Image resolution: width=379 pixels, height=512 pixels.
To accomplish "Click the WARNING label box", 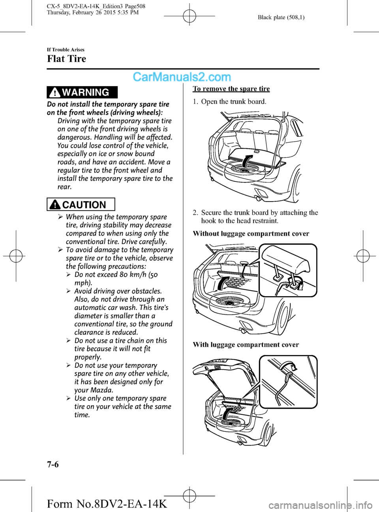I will [82, 92].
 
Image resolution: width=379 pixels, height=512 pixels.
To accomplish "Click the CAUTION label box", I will [81, 204].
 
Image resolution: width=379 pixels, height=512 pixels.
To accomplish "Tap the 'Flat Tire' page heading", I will [66, 59].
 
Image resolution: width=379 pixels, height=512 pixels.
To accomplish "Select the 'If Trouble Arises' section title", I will [66, 49].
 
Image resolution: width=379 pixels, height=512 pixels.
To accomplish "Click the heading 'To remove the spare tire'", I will [231, 89].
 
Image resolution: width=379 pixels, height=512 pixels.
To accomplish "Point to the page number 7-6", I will [53, 464].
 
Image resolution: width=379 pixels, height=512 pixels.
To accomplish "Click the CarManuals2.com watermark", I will [182, 77].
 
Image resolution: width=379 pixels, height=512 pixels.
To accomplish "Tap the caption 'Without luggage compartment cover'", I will [251, 234].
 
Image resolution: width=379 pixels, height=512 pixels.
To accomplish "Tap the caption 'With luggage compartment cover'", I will [246, 345].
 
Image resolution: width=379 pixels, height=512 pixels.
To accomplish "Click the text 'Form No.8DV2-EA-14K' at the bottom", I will [107, 504].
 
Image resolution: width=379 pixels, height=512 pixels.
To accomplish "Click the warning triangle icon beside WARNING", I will [55, 93].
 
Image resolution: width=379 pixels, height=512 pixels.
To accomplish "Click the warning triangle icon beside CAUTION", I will [55, 205].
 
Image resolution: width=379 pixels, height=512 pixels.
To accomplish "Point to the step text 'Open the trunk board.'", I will [234, 102].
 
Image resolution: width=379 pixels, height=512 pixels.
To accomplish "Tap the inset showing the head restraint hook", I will [288, 270].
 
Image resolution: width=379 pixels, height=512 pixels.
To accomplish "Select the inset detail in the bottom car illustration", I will [288, 382].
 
